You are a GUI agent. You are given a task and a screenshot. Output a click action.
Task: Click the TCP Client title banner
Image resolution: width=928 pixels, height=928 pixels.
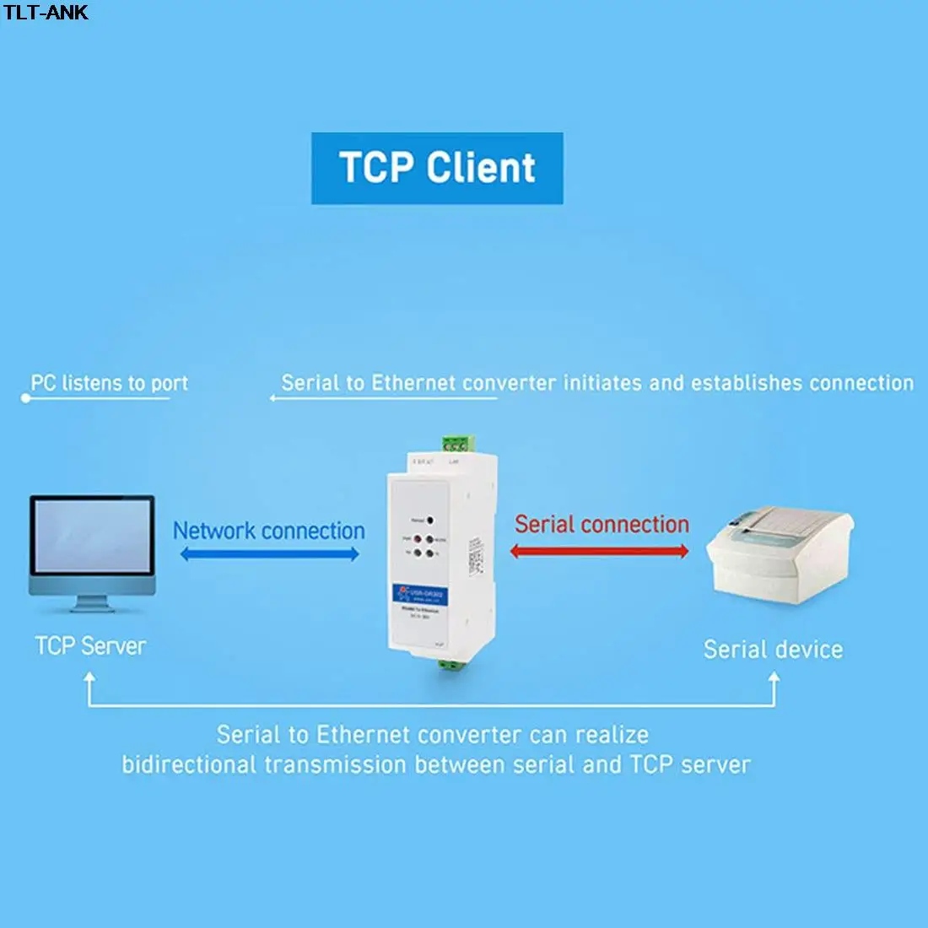coord(437,168)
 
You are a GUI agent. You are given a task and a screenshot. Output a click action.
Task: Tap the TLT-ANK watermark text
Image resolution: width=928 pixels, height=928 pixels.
coord(46,12)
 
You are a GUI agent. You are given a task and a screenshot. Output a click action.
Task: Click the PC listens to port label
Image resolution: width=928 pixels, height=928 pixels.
coord(109,383)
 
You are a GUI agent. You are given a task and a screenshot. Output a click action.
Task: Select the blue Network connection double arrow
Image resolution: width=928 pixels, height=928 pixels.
coord(269,554)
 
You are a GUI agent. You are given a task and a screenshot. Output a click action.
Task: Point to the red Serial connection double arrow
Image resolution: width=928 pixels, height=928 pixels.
coord(600,552)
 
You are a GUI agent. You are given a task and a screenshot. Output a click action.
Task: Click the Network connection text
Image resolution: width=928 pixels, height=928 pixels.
coord(269,531)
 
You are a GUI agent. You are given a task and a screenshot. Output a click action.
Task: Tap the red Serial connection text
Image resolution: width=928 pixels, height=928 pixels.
coord(602,524)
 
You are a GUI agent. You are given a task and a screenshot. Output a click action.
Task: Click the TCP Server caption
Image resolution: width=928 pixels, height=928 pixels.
coord(90,646)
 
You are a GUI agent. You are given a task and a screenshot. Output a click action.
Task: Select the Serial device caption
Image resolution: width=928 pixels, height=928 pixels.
coord(773,649)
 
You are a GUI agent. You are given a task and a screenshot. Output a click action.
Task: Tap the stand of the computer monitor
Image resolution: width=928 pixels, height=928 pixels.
coord(92,602)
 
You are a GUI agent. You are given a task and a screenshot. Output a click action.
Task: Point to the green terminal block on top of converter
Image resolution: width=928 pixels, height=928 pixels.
coord(456,444)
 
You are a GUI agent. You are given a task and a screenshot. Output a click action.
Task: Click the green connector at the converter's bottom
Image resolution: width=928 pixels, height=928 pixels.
coord(452,666)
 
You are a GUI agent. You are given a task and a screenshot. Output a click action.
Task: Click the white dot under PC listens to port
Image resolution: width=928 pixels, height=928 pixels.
coord(25,397)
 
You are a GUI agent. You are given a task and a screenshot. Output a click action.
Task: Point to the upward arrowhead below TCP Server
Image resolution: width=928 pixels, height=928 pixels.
coord(89,677)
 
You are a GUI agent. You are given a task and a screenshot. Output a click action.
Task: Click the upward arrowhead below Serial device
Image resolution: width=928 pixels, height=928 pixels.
coord(774,677)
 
